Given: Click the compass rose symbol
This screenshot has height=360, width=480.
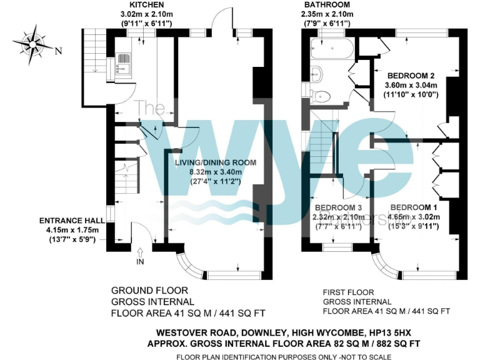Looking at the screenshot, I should click(x=32, y=44).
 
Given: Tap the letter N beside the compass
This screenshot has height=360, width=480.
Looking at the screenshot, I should click(x=59, y=51).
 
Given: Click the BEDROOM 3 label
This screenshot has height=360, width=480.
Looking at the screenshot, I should click(x=338, y=207).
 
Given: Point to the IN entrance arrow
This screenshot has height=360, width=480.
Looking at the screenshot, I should click(x=139, y=253).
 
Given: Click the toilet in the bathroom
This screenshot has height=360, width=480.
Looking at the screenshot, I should click(x=321, y=96).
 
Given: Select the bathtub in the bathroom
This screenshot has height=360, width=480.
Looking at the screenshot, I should click(x=331, y=47).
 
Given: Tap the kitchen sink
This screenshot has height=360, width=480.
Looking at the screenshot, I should click(x=124, y=60).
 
